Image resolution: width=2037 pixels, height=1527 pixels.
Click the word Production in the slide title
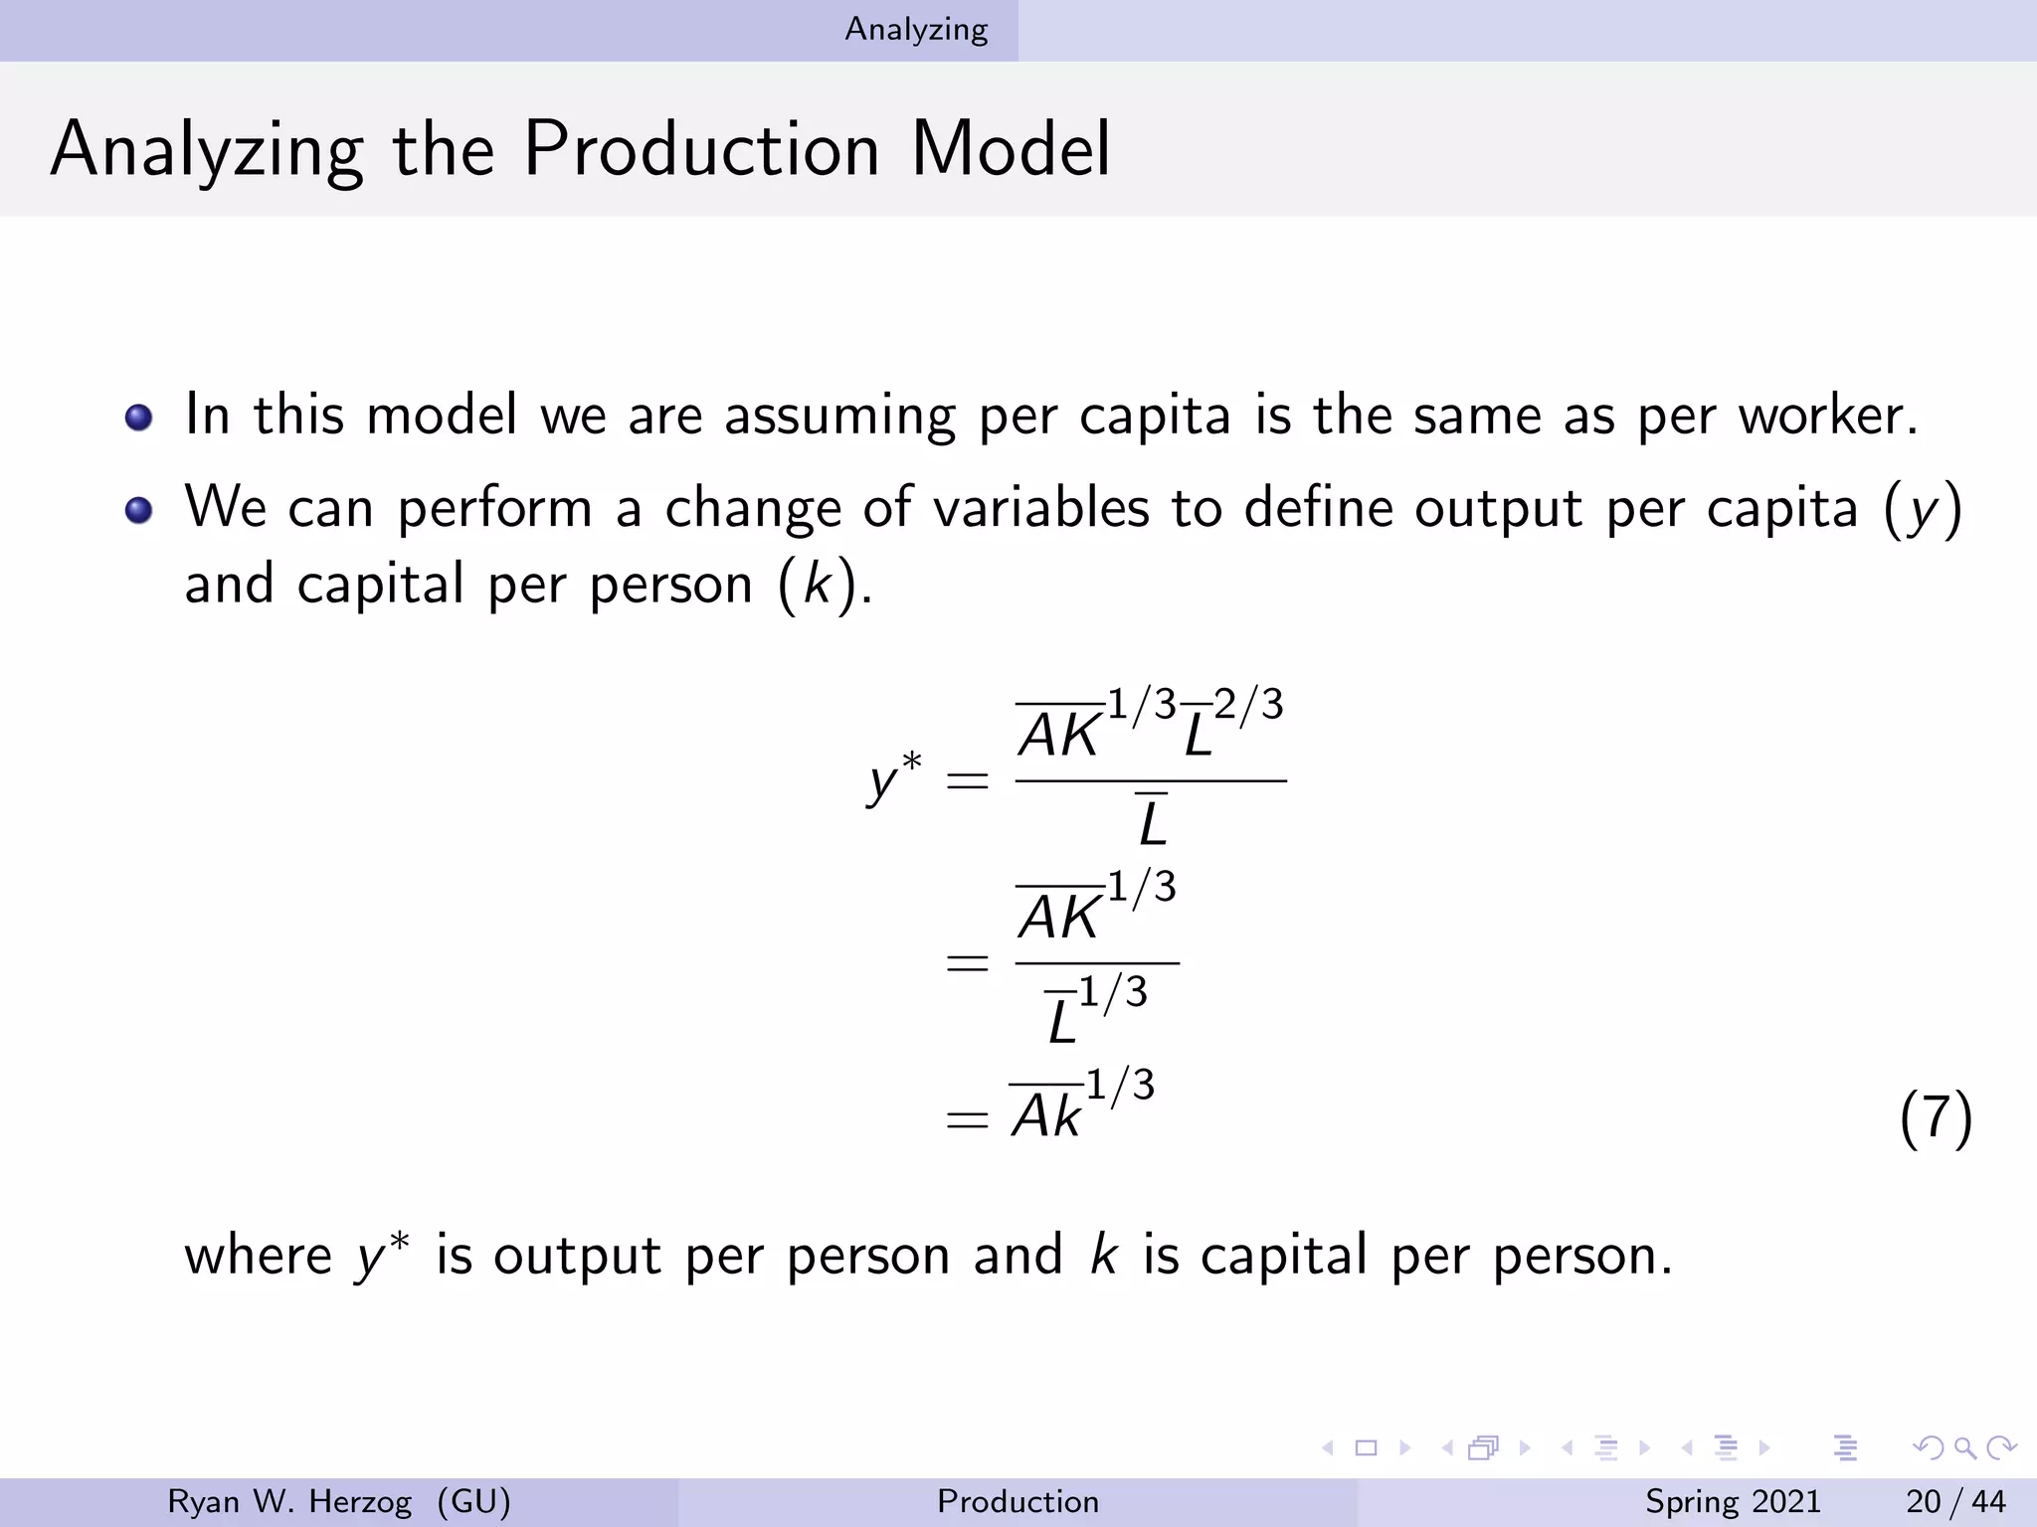click(x=701, y=149)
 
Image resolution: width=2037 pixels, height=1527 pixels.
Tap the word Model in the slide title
click(x=1010, y=149)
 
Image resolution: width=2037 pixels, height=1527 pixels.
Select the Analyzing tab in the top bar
click(x=916, y=30)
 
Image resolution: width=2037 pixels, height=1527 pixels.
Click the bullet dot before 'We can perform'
click(x=139, y=510)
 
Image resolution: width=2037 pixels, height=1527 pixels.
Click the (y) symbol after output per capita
click(x=1923, y=510)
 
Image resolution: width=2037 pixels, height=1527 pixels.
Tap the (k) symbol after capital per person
click(x=817, y=585)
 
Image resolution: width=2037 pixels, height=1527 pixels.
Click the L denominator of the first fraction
click(x=1152, y=822)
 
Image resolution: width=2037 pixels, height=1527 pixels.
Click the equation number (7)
click(x=1935, y=1117)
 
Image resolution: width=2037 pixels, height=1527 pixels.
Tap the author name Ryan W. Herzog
click(x=289, y=1501)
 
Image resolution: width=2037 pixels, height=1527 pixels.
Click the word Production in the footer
click(x=1018, y=1501)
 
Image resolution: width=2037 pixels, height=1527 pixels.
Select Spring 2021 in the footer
click(x=1733, y=1501)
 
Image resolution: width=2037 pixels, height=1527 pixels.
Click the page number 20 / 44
click(x=1955, y=1501)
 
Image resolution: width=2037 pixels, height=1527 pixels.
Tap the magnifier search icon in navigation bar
click(x=1963, y=1448)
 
